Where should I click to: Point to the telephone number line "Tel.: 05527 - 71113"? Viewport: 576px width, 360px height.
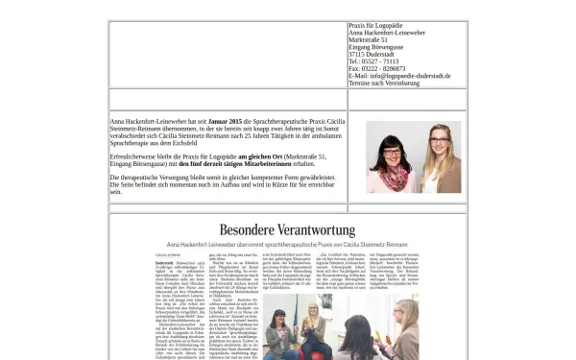pos(373,60)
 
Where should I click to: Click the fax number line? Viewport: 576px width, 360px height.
pos(377,68)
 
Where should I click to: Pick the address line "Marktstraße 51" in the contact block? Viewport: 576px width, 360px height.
pos(368,39)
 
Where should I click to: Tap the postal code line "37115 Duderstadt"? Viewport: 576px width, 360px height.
pos(371,54)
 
